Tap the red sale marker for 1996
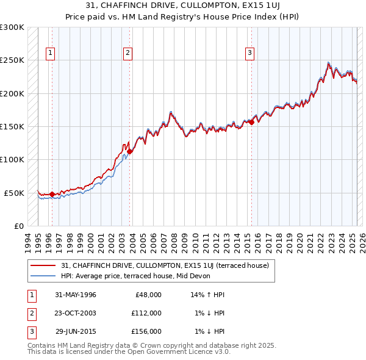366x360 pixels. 52,195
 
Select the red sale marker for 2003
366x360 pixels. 130,152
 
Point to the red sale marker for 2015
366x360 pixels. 252,123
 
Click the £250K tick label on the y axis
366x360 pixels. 12,60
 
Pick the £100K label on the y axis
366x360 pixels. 12,159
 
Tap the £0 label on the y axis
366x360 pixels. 18,226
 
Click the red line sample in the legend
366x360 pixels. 43,265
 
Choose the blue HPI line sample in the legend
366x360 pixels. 43,276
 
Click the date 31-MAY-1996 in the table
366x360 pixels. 76,295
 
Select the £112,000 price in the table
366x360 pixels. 146,313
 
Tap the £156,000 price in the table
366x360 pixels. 146,331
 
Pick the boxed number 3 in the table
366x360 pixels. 30,331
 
